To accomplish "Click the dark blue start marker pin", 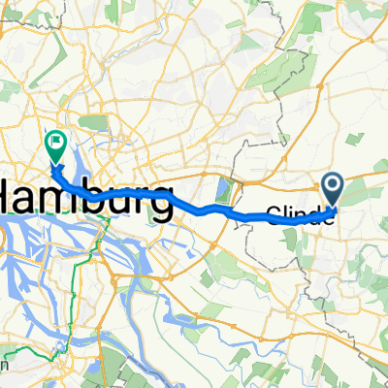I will pos(332,185).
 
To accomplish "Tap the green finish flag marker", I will pos(54,145).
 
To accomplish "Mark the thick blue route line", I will pos(194,207).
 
